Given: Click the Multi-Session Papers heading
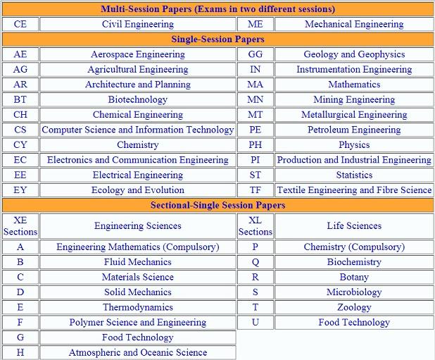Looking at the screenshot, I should pyautogui.click(x=217, y=9).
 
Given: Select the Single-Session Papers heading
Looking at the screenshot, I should pyautogui.click(x=217, y=39).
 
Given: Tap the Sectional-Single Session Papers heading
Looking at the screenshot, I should pyautogui.click(x=217, y=205).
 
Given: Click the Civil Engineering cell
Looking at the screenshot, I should pyautogui.click(x=137, y=24).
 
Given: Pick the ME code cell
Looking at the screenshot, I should pyautogui.click(x=255, y=24).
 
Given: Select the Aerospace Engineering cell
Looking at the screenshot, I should pyautogui.click(x=137, y=54).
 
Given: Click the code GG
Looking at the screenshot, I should pyautogui.click(x=255, y=54).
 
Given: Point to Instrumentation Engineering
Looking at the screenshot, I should pyautogui.click(x=354, y=70).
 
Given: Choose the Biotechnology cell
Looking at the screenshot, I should pyautogui.click(x=137, y=99).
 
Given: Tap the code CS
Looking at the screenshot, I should pyautogui.click(x=20, y=130).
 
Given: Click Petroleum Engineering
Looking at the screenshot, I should pyautogui.click(x=354, y=130).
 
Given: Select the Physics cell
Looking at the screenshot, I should pyautogui.click(x=354, y=145).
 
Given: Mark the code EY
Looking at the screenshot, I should pyautogui.click(x=20, y=190).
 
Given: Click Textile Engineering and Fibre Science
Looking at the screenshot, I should pyautogui.click(x=354, y=190).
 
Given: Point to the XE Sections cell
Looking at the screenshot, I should pyautogui.click(x=20, y=226).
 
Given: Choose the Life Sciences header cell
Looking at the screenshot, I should pyautogui.click(x=354, y=226).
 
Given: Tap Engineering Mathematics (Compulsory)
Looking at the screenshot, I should pyautogui.click(x=137, y=247).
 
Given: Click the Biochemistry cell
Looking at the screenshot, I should pyautogui.click(x=354, y=262).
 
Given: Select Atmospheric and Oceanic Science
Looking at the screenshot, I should pyautogui.click(x=137, y=352).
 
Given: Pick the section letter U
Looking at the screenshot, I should pyautogui.click(x=255, y=322).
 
